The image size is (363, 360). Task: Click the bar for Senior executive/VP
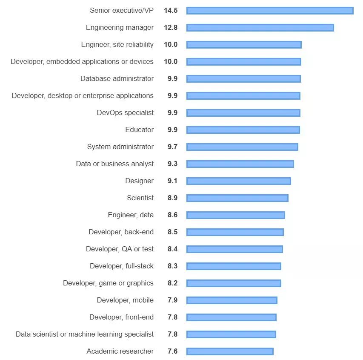pyautogui.click(x=270, y=11)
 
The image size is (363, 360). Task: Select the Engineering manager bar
pyautogui.click(x=260, y=28)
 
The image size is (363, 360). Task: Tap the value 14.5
pyautogui.click(x=171, y=11)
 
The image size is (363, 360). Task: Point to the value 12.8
pyautogui.click(x=171, y=28)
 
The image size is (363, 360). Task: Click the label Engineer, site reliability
pyautogui.click(x=117, y=45)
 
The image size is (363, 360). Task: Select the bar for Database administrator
pyautogui.click(x=243, y=79)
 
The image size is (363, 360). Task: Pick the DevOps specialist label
pyautogui.click(x=125, y=113)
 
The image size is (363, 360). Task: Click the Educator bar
pyautogui.click(x=243, y=130)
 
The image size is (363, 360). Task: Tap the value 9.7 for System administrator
pyautogui.click(x=172, y=147)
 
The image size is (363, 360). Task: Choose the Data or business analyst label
pyautogui.click(x=115, y=164)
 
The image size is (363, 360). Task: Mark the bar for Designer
pyautogui.click(x=239, y=181)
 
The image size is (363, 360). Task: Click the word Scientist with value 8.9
pyautogui.click(x=140, y=198)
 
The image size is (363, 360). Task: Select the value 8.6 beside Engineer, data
pyautogui.click(x=172, y=215)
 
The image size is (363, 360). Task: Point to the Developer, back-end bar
pyautogui.click(x=235, y=232)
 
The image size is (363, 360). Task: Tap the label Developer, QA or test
pyautogui.click(x=120, y=249)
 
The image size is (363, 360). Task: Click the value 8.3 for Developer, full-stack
pyautogui.click(x=172, y=266)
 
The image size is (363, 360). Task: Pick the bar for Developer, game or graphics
pyautogui.click(x=234, y=283)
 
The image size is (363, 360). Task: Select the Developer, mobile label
pyautogui.click(x=125, y=300)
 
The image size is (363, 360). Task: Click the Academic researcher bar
pyautogui.click(x=230, y=351)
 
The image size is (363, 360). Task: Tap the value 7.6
pyautogui.click(x=172, y=351)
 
